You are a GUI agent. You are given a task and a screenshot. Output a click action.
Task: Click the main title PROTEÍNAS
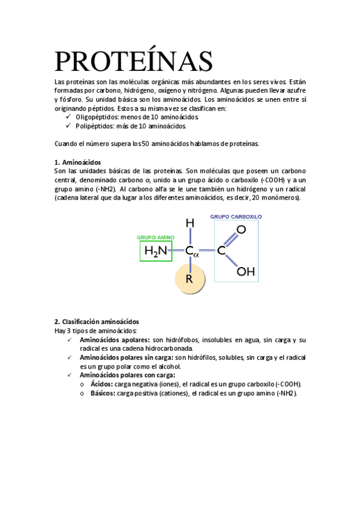coord(133,61)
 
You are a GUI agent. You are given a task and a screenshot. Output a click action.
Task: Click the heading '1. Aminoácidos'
coord(78,163)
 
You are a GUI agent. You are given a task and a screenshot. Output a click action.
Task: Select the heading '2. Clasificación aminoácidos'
coord(97,322)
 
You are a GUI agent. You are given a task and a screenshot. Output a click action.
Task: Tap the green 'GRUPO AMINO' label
coord(156,238)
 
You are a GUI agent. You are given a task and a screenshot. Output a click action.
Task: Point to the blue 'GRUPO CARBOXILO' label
coord(236,217)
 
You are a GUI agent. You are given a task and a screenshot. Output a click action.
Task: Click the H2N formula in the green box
coord(156,251)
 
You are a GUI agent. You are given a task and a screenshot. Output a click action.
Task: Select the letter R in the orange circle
coord(189,279)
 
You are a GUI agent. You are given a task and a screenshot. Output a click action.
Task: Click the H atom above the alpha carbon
coord(190,223)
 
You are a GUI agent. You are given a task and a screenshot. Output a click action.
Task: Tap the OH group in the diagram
coord(245,271)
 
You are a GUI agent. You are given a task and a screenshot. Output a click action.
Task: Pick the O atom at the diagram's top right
coord(242,229)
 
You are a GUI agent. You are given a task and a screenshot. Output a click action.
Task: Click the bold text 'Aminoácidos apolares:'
coord(115,340)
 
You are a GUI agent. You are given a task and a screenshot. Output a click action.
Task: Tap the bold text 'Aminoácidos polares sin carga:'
coord(126,358)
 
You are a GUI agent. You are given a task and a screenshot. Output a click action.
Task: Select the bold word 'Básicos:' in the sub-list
coord(103,393)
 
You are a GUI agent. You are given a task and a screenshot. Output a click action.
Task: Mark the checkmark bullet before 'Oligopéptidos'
coord(67,117)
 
